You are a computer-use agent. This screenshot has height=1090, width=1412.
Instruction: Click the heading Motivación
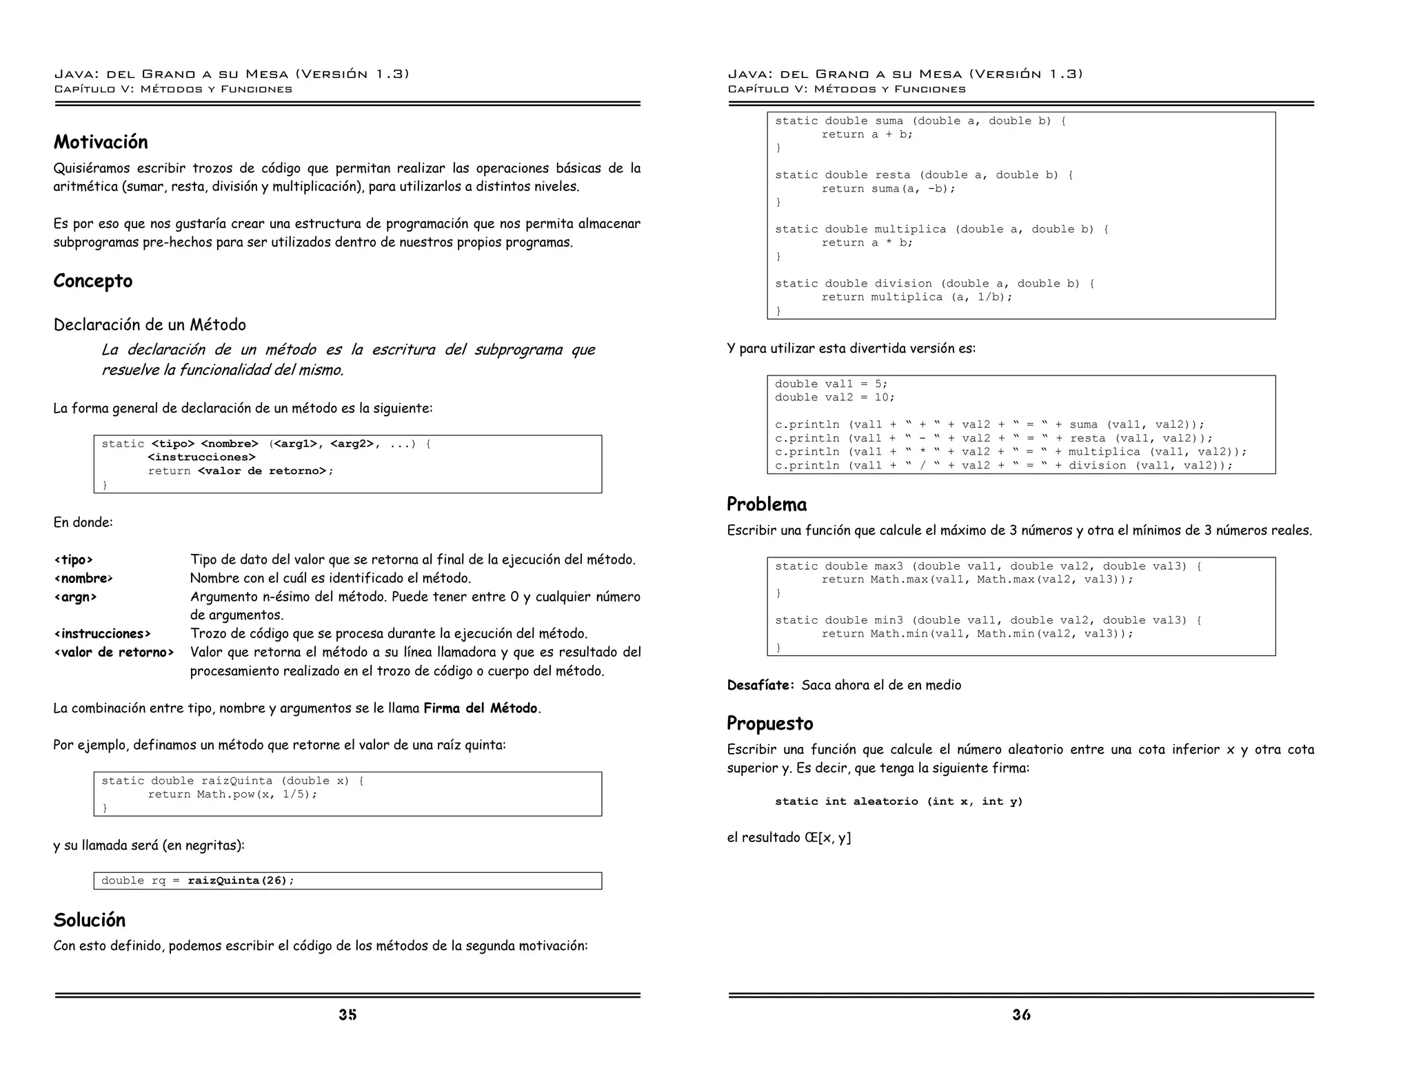click(x=101, y=142)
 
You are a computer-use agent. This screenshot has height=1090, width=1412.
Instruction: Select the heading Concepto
click(x=93, y=281)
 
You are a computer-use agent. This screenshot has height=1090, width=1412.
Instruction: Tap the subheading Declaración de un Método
click(x=150, y=325)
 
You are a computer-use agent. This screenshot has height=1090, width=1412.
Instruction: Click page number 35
click(x=347, y=1014)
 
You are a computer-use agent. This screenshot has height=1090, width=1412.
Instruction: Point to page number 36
click(x=1021, y=1014)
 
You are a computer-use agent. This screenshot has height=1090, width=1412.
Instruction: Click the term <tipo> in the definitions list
click(x=73, y=560)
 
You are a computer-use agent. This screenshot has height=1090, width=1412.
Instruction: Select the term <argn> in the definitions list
click(x=75, y=597)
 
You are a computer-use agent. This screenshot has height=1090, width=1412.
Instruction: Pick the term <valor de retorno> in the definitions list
click(x=114, y=652)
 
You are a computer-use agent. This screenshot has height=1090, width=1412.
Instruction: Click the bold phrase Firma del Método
click(x=480, y=708)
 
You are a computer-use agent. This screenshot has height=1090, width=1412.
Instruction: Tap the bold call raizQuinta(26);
click(x=241, y=881)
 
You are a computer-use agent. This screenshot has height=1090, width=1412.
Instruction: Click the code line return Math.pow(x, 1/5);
click(x=232, y=794)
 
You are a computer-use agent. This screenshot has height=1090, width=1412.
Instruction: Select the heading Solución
click(x=90, y=921)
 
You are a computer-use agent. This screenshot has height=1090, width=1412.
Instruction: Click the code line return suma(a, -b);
click(x=888, y=189)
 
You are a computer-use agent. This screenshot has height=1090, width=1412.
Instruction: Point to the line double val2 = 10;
click(x=834, y=398)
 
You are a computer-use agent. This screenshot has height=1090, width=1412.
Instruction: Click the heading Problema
click(x=767, y=504)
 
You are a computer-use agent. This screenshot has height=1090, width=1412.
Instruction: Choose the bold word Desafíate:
click(x=760, y=686)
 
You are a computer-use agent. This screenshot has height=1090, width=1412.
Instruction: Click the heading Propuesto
click(x=769, y=723)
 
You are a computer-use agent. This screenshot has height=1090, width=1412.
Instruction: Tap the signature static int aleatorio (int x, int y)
click(x=898, y=801)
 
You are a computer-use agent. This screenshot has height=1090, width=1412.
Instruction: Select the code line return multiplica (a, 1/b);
click(x=916, y=297)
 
